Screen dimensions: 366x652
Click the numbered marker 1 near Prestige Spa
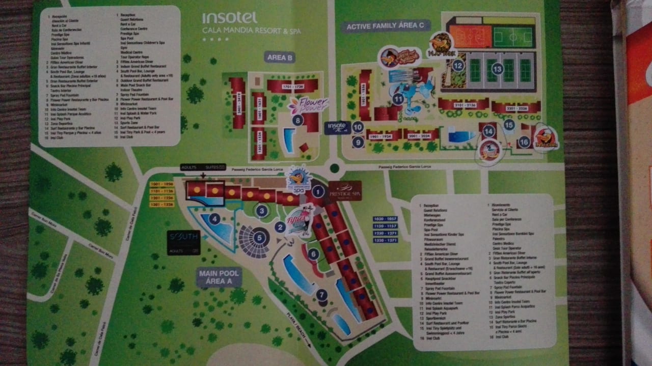click(x=318, y=192)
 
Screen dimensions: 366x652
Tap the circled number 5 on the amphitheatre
click(x=260, y=237)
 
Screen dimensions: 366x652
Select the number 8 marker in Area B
click(x=298, y=120)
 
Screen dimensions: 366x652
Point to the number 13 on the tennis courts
click(x=497, y=68)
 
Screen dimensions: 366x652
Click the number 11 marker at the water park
click(x=398, y=99)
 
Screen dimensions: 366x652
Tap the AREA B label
click(x=280, y=58)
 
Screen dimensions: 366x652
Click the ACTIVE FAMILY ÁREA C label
click(x=387, y=26)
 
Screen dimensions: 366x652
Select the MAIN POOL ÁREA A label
click(x=220, y=277)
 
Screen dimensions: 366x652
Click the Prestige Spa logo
click(x=345, y=190)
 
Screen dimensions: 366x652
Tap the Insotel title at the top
click(x=229, y=18)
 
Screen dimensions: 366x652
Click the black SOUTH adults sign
click(x=183, y=242)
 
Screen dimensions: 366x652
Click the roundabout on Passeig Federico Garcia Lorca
click(x=334, y=167)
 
